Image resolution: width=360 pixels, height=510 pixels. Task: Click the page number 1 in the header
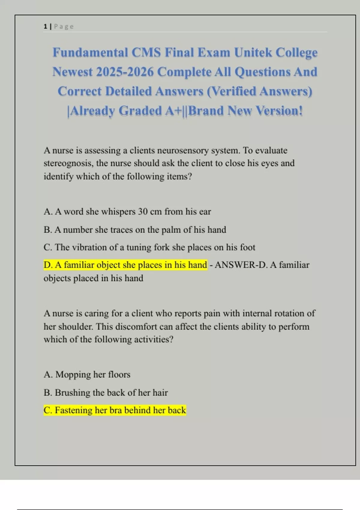click(x=45, y=26)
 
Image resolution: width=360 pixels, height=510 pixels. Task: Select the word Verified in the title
click(x=232, y=91)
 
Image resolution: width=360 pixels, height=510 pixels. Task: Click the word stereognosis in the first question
click(x=68, y=163)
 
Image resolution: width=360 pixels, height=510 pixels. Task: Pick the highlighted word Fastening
click(x=73, y=410)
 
